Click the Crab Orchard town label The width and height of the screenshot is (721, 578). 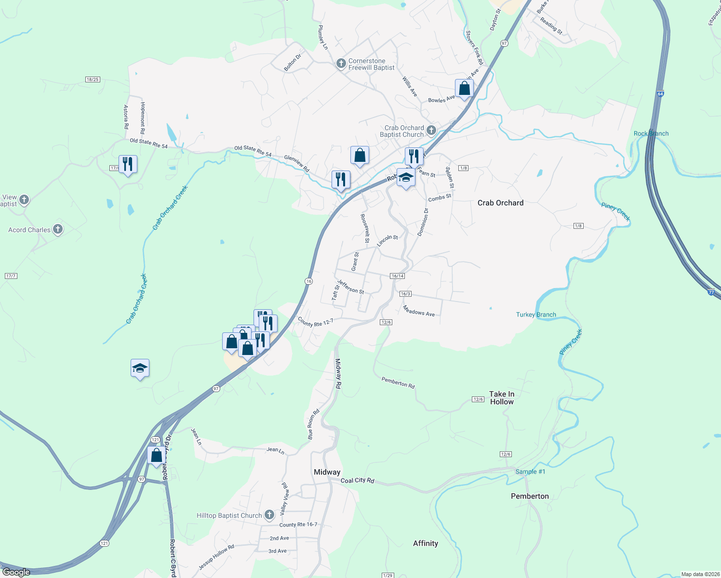[500, 203]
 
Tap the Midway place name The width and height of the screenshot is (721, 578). [327, 472]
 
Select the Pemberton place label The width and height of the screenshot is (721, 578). [530, 496]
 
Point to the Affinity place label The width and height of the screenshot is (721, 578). [426, 543]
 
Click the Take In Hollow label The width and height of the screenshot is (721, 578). [502, 398]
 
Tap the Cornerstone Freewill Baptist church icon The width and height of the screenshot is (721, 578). [341, 64]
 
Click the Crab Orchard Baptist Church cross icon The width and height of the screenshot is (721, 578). [431, 130]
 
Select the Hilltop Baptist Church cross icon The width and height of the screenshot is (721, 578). [269, 515]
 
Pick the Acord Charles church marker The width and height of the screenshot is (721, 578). [58, 229]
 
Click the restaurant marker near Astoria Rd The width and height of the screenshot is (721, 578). [128, 164]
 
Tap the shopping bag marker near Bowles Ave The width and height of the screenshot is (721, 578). [464, 89]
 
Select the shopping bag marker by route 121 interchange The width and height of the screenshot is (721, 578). [156, 455]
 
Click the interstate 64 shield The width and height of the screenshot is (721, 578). [660, 94]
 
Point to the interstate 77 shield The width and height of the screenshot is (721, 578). [711, 292]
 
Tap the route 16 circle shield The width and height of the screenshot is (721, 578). [309, 281]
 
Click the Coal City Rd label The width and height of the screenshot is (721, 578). [357, 480]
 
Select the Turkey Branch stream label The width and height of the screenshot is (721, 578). [536, 315]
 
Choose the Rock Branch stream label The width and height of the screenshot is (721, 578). [651, 133]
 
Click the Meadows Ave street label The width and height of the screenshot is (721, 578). [418, 312]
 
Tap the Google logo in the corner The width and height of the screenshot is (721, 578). [16, 572]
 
